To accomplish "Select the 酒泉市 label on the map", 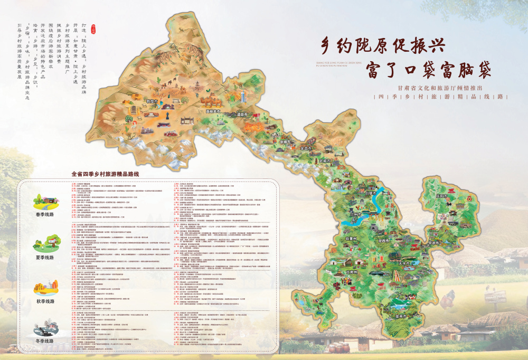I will pyautogui.click(x=242, y=114).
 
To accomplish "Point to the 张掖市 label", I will pyautogui.click(x=286, y=142).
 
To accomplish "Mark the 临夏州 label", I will pyautogui.click(x=351, y=239).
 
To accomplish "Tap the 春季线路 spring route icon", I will pyautogui.click(x=45, y=202).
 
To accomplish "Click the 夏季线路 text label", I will pyautogui.click(x=45, y=257).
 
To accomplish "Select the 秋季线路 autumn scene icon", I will pyautogui.click(x=45, y=288).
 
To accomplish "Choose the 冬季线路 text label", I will pyautogui.click(x=45, y=341).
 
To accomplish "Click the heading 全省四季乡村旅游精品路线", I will pyautogui.click(x=108, y=173).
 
